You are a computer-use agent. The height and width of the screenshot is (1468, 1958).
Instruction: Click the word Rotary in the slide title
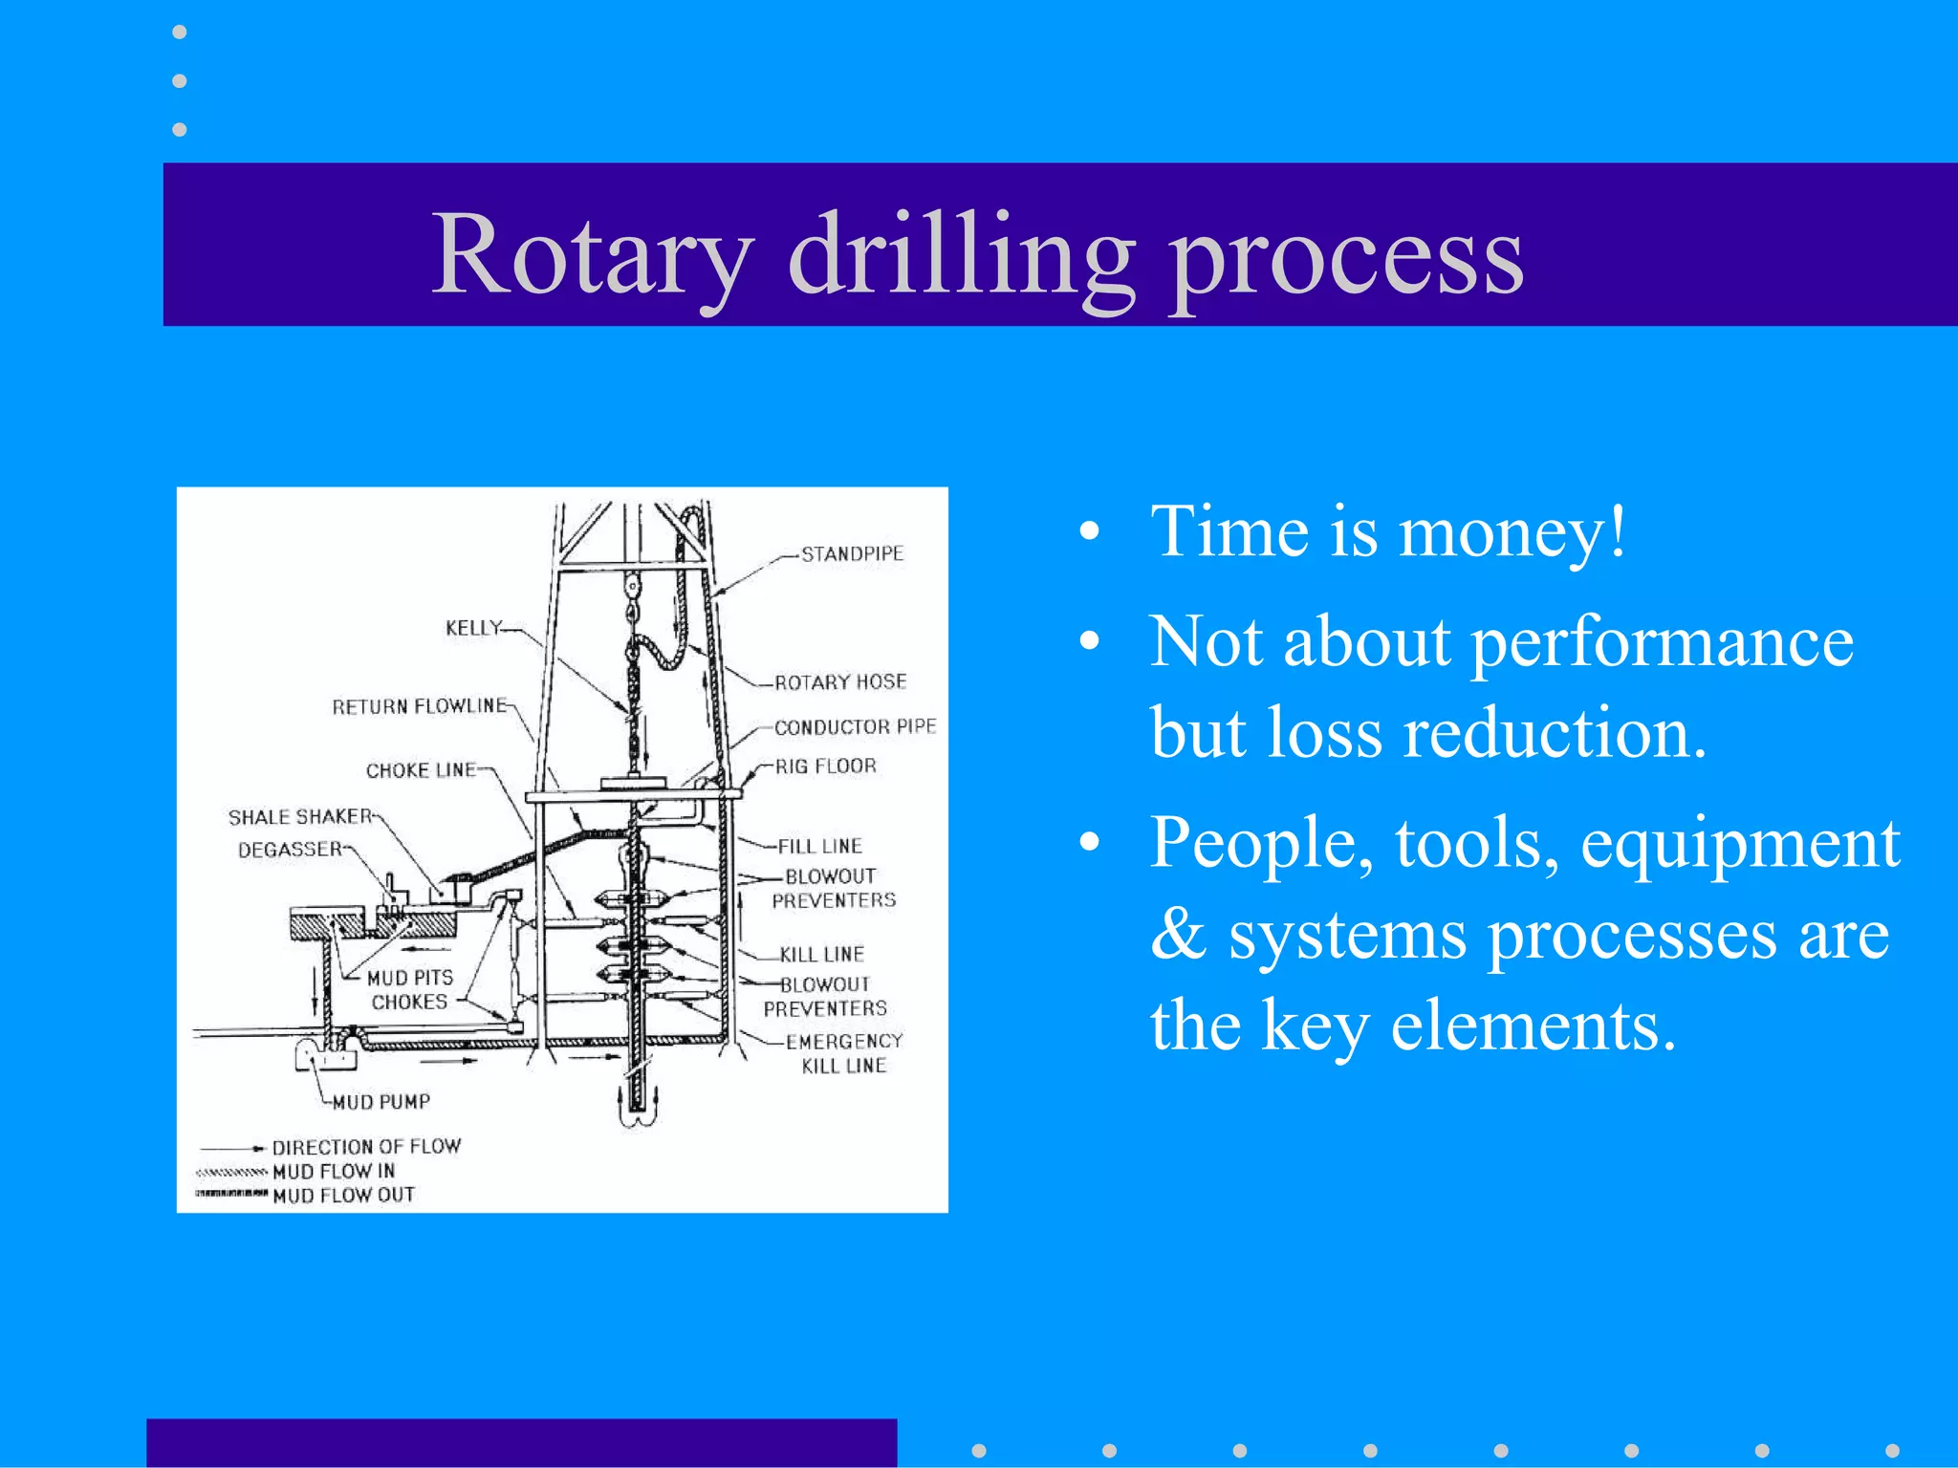tap(592, 255)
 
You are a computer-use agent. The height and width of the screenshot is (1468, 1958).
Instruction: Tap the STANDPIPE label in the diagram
tap(852, 554)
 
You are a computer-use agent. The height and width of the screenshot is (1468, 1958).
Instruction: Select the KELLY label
tap(473, 628)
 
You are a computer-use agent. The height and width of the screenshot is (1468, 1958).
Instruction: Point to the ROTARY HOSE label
tap(840, 682)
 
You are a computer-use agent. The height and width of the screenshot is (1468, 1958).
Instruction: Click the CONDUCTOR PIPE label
tap(855, 727)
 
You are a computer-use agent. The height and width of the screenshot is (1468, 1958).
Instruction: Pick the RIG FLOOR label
tap(825, 766)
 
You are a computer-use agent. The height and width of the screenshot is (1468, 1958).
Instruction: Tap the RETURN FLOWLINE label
tap(419, 706)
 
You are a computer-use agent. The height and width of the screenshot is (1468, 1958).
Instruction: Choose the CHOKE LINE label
tap(421, 770)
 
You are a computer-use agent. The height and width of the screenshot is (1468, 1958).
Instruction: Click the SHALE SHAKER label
tap(299, 817)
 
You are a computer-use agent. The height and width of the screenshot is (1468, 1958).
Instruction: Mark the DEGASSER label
tap(290, 850)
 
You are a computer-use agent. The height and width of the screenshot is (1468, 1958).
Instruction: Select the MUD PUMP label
tap(381, 1102)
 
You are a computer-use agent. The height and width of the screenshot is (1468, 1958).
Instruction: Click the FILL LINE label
tap(819, 847)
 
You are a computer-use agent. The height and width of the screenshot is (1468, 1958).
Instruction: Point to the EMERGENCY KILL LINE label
tap(843, 1053)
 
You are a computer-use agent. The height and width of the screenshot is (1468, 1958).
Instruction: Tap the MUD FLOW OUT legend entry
tap(343, 1196)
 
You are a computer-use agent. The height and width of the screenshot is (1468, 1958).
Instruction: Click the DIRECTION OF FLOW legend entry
tap(366, 1147)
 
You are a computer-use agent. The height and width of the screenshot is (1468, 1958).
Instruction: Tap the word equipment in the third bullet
tap(1739, 843)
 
